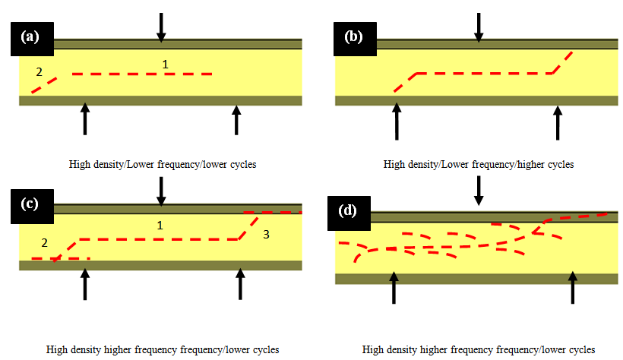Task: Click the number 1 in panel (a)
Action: point(165,65)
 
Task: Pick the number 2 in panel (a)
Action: point(39,72)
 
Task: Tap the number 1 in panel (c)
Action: point(160,225)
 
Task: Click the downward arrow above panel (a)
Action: point(160,27)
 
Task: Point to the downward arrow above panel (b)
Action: point(478,27)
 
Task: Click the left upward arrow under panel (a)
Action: point(84,120)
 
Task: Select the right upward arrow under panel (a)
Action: point(236,120)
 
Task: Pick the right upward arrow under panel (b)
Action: point(558,122)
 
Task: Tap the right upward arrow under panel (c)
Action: point(241,283)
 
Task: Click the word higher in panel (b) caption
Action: point(526,164)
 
